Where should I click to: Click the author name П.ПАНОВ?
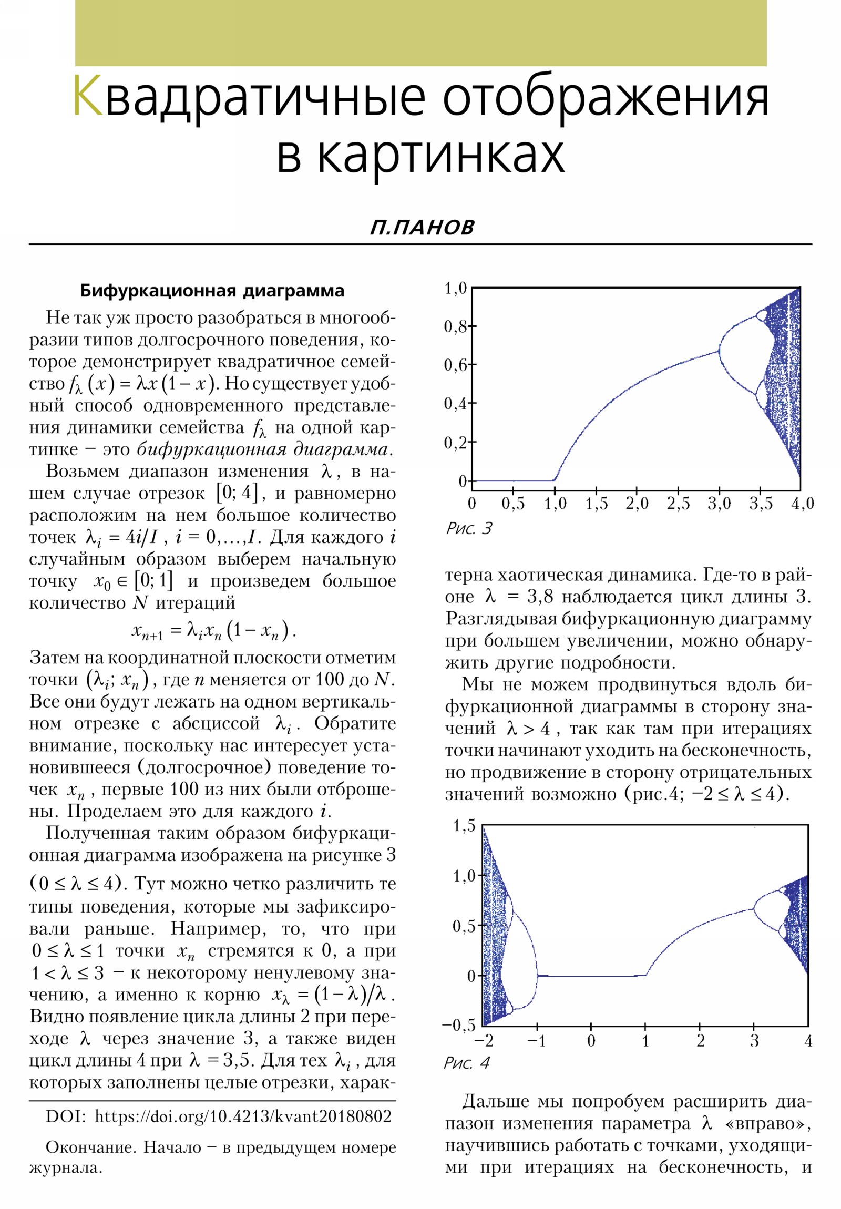pos(422,228)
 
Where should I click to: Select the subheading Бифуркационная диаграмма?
pos(212,291)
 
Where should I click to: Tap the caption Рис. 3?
pos(469,528)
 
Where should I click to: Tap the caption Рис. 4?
pos(466,1063)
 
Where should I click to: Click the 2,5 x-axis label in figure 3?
pos(678,504)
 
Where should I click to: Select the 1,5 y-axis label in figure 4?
pos(464,826)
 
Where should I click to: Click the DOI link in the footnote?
pos(243,1117)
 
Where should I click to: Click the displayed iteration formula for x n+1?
pos(213,631)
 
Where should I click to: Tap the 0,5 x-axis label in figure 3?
pos(513,504)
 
